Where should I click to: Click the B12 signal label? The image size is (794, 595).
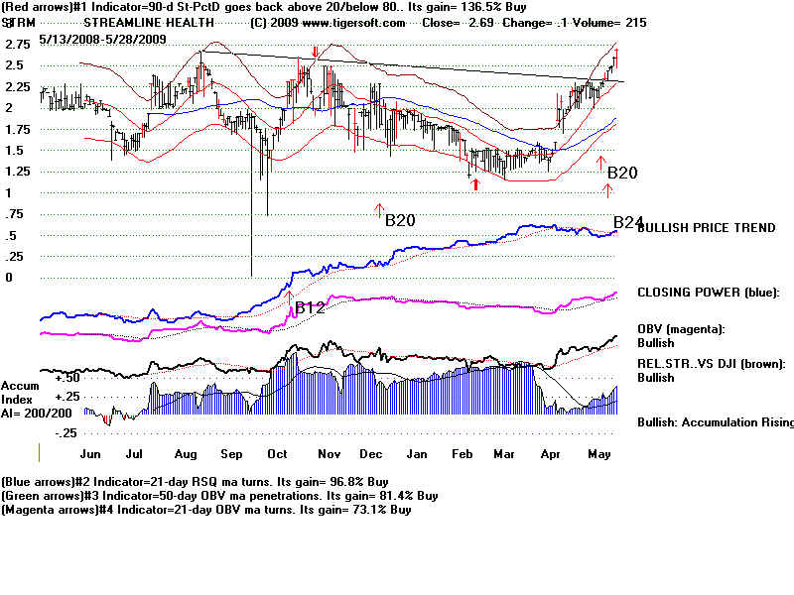click(x=311, y=307)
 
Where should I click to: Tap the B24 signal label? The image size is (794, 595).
click(x=628, y=222)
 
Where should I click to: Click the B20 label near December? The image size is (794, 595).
click(x=400, y=220)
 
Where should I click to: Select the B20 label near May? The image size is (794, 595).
click(x=622, y=174)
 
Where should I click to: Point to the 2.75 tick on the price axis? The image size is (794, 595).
click(x=17, y=45)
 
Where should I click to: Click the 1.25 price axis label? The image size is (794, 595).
click(x=17, y=172)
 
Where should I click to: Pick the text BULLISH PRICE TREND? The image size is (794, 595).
click(x=706, y=228)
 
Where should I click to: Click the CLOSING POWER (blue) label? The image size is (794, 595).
click(x=709, y=293)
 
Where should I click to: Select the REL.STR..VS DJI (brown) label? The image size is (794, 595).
click(x=712, y=364)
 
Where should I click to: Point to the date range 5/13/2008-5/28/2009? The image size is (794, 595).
click(x=103, y=39)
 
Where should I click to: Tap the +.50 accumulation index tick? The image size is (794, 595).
click(x=67, y=378)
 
